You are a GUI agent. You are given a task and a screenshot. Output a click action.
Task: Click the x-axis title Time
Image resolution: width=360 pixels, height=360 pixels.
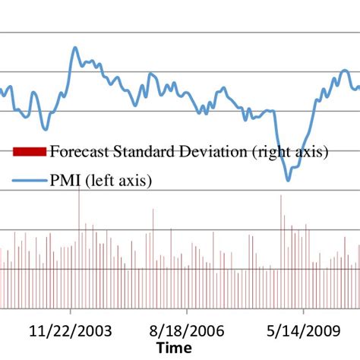[175, 348]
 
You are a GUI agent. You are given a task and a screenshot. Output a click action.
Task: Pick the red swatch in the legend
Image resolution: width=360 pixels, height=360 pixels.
[30, 152]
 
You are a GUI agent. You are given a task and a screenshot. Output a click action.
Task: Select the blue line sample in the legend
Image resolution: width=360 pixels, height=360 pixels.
[30, 181]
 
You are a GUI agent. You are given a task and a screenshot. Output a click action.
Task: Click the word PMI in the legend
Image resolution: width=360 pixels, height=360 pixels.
[65, 181]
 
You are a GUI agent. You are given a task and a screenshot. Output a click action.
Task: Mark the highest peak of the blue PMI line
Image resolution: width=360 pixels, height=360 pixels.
[75, 48]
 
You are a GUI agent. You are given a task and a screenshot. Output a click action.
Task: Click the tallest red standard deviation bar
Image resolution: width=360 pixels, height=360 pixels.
[80, 187]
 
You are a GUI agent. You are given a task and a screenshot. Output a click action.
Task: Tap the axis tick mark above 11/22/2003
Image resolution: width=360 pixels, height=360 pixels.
[71, 311]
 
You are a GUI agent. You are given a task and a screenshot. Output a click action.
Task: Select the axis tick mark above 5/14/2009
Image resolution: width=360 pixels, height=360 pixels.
[304, 311]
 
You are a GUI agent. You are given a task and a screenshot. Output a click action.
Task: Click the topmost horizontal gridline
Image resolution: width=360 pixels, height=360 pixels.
[180, 33]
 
